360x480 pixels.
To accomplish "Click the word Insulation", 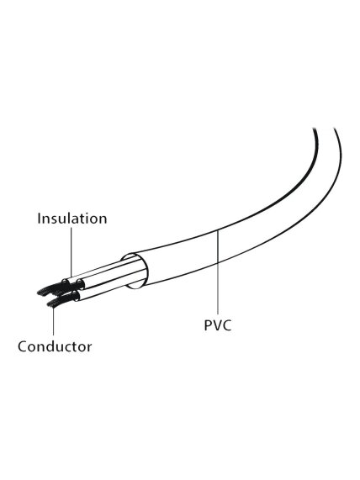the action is (72, 219).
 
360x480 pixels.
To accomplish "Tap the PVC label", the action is (218, 325).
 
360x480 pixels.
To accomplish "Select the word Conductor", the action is (55, 346).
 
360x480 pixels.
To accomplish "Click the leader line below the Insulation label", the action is (71, 252).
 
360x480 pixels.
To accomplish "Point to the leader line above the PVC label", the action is (218, 273).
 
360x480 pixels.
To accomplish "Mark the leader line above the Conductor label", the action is (53, 321).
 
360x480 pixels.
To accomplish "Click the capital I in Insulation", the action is (40, 219).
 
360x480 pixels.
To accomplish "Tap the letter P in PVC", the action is (208, 325).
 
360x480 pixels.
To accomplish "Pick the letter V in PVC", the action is (217, 325).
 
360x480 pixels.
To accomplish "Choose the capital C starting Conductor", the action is (23, 346).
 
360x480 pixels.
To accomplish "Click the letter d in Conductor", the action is (52, 346).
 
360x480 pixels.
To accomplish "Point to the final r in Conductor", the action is (89, 348).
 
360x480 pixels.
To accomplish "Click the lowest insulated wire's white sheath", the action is (104, 293).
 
